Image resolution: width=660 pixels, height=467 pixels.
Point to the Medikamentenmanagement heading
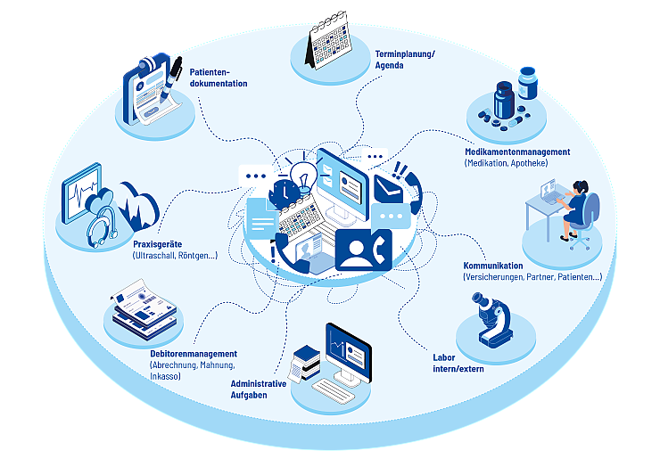tap(517, 152)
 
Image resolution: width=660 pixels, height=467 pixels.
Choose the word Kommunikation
tap(492, 266)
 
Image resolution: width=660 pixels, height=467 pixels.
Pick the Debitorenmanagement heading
tap(194, 354)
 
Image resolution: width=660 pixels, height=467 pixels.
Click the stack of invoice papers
tap(144, 307)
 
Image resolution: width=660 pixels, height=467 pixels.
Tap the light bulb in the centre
tap(303, 173)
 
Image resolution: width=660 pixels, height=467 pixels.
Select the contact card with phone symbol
tap(364, 250)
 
